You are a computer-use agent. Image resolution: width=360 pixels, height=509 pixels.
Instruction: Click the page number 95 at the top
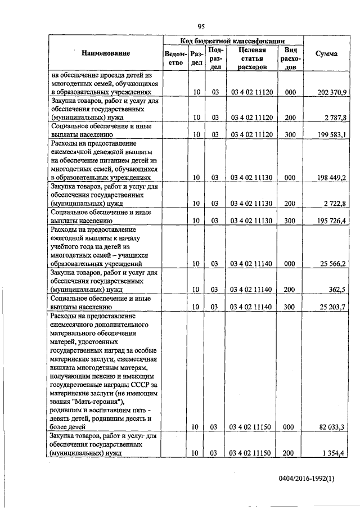coord(200,26)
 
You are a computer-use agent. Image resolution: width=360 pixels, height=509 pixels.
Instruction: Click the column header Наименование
coord(106,53)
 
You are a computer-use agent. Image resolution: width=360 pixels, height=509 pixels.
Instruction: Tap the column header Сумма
coord(326,53)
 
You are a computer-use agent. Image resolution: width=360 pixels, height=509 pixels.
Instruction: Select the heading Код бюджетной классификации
coord(233,40)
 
